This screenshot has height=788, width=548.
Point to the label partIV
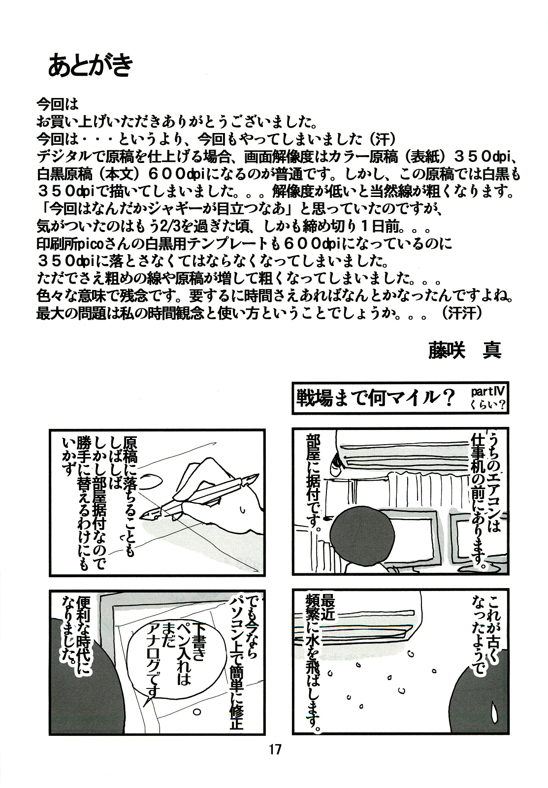click(487, 392)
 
